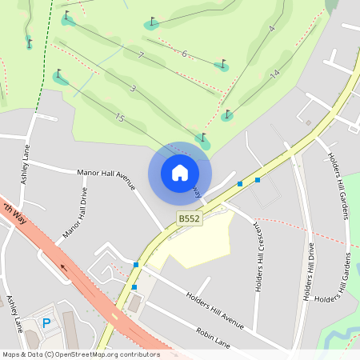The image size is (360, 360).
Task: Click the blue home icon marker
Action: [x=180, y=172]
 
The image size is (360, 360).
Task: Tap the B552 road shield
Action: [x=189, y=218]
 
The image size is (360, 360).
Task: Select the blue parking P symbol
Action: [x=46, y=323]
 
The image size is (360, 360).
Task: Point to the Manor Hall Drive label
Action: [x=75, y=214]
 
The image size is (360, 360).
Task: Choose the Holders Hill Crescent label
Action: [x=258, y=257]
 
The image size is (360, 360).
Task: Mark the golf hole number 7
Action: [x=141, y=55]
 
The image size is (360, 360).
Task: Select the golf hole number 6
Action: [x=184, y=54]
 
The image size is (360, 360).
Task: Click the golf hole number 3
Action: [x=133, y=88]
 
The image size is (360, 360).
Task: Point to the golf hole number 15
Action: [x=120, y=118]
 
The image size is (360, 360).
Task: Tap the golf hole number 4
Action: [x=272, y=29]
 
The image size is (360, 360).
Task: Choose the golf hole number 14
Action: [x=274, y=74]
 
